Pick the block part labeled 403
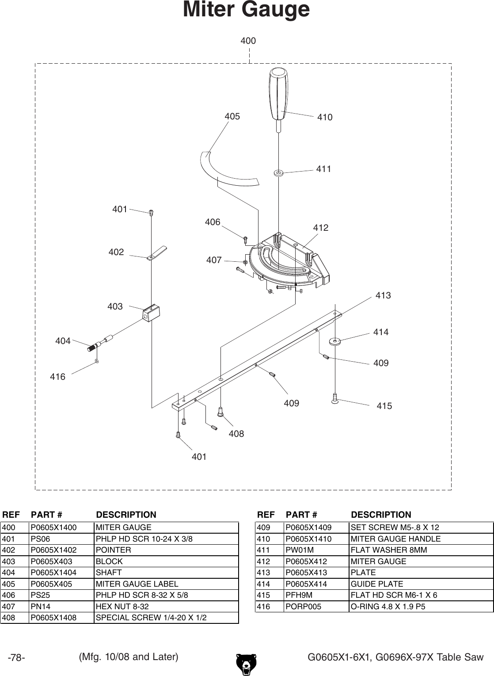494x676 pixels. click(151, 313)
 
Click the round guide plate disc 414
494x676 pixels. click(335, 341)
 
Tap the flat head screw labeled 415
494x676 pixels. click(335, 399)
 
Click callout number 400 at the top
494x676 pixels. click(248, 41)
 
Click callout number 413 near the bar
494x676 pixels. click(383, 295)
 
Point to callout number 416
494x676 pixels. click(57, 377)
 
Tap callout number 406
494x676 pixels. click(213, 222)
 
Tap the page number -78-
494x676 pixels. click(17, 658)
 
